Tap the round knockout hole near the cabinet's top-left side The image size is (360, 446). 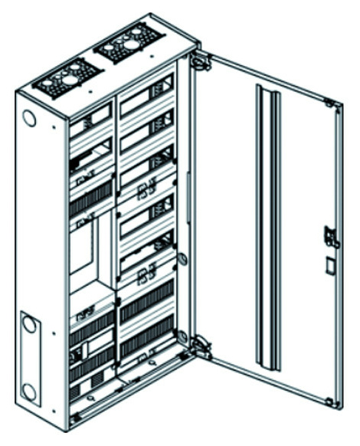28,119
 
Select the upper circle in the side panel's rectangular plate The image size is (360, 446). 29,324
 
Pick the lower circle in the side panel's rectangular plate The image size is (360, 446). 29,392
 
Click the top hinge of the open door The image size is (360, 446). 201,61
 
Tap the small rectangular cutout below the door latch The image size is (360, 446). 329,266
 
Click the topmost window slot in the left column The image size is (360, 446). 90,121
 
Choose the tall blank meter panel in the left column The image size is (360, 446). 82,245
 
